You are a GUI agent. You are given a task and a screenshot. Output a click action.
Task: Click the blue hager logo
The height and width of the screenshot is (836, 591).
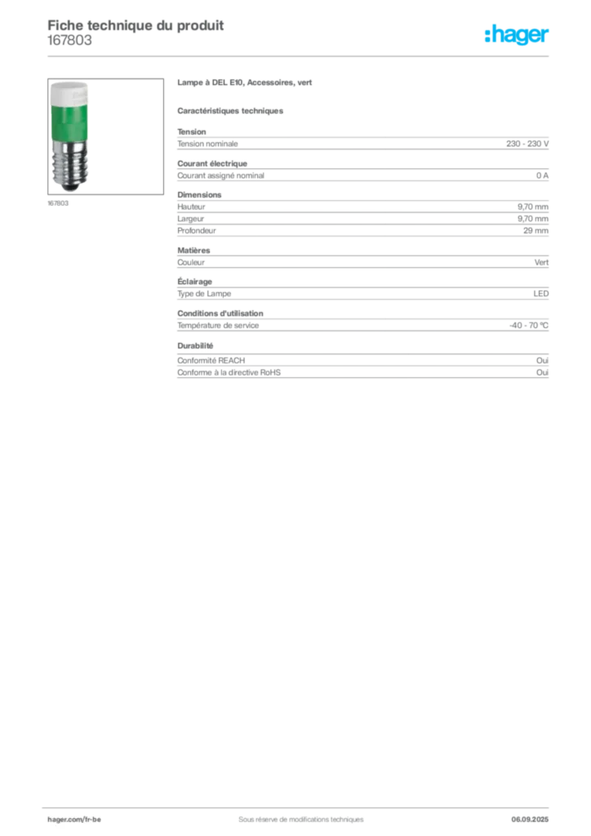point(518,36)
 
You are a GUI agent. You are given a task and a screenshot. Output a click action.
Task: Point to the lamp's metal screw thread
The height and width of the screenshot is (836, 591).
point(69,163)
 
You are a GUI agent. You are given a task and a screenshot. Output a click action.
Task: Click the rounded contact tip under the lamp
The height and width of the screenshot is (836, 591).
point(69,187)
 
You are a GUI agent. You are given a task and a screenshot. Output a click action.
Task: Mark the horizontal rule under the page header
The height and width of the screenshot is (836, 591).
point(300,56)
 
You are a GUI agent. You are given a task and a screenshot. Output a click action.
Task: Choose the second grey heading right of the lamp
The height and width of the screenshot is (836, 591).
point(232,110)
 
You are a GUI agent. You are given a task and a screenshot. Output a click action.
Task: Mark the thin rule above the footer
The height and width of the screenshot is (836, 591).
point(300,805)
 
